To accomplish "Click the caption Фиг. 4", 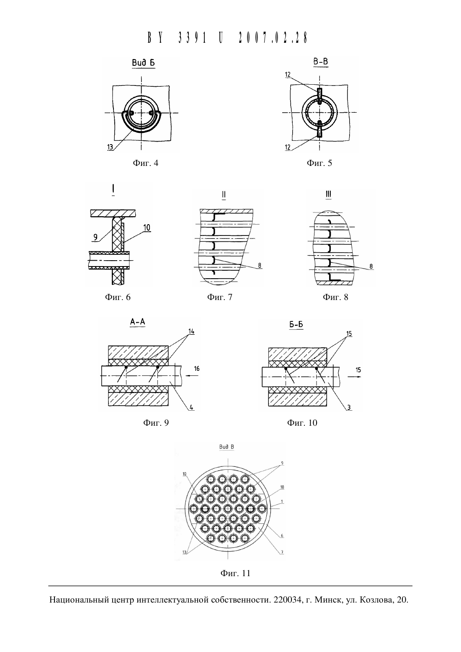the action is (145, 163).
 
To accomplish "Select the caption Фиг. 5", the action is (319, 163).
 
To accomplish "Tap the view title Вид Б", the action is (143, 63).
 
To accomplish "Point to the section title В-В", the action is (321, 62).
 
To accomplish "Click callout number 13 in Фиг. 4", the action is (110, 147).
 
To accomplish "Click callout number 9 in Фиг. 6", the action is (95, 237).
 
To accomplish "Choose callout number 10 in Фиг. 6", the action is (147, 228).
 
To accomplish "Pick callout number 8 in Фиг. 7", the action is (260, 266).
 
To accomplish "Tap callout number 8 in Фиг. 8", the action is (371, 266).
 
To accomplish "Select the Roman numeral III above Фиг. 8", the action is (328, 194).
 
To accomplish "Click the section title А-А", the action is (138, 322).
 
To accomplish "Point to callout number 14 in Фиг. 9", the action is (191, 331).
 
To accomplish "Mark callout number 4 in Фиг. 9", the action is (191, 407).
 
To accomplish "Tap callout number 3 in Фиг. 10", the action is (349, 407).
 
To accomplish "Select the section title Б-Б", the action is (296, 325).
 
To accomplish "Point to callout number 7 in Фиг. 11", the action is (282, 552).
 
